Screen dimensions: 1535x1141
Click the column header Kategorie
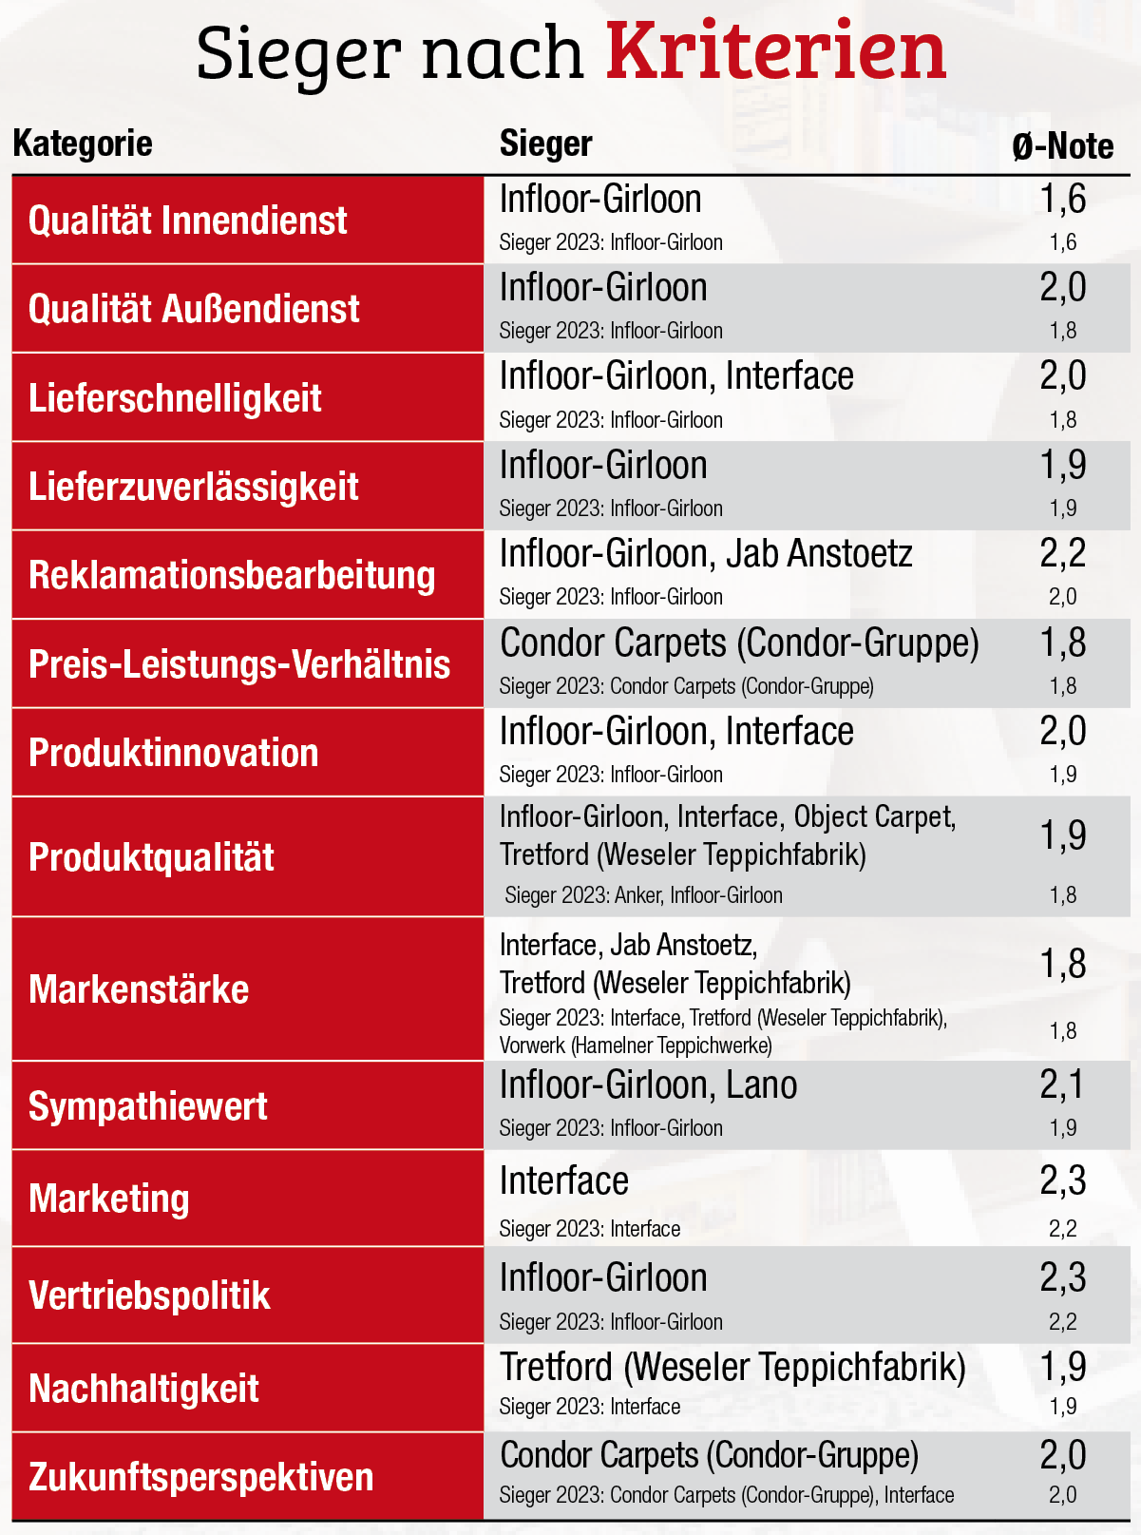click(x=83, y=144)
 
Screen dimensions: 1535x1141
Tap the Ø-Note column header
click(x=1062, y=146)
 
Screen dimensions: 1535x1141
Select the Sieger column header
click(x=545, y=144)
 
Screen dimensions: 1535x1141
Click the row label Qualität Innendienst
click(x=187, y=221)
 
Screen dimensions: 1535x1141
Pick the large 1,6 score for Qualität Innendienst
click(x=1062, y=199)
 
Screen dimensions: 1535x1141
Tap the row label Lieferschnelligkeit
click(x=175, y=398)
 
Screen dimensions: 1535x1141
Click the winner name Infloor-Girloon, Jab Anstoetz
click(x=705, y=554)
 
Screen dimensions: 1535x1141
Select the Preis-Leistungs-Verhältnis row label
click(x=238, y=664)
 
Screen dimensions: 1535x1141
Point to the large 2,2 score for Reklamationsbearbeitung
click(x=1062, y=553)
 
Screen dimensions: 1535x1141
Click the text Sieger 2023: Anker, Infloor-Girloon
click(x=643, y=895)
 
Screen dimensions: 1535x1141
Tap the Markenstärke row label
click(x=139, y=989)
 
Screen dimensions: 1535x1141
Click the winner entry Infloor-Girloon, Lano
click(x=648, y=1085)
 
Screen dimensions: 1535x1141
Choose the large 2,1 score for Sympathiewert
click(x=1062, y=1084)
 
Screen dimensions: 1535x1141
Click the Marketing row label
click(x=108, y=1199)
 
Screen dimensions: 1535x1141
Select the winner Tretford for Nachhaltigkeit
click(x=732, y=1367)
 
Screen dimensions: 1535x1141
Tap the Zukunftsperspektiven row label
click(x=200, y=1477)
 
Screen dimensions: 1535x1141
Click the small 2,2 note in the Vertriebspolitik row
click(x=1062, y=1322)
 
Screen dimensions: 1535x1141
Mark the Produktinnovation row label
click(x=173, y=753)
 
